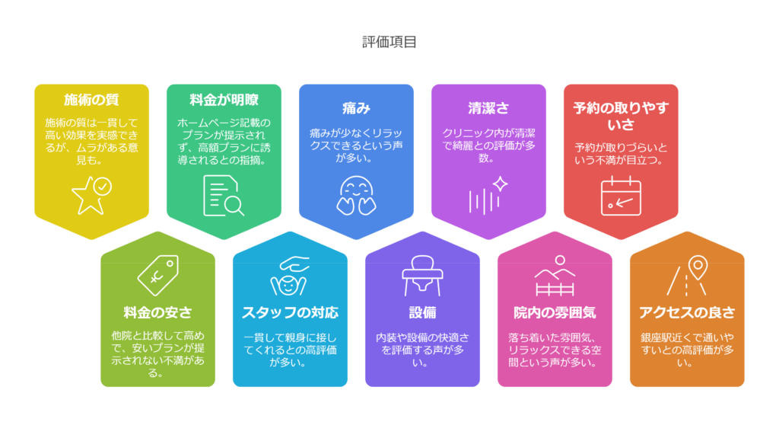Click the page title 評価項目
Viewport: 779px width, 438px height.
pos(389,42)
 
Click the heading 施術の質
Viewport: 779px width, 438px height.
pos(91,100)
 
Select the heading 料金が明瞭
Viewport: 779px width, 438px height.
pos(224,100)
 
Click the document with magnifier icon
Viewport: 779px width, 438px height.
pos(224,195)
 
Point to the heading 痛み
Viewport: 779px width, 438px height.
pos(356,108)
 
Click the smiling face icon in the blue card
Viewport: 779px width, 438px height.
pos(356,193)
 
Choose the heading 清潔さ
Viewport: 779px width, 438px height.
pos(488,108)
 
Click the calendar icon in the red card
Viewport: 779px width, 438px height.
pos(621,196)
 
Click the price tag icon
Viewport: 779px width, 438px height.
pos(157,275)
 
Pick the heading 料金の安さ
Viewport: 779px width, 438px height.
pos(157,312)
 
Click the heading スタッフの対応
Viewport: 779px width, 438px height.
pos(290,312)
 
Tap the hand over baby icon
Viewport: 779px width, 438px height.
pos(290,275)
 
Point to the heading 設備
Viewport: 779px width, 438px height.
pos(422,312)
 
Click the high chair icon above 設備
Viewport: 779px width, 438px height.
pos(422,275)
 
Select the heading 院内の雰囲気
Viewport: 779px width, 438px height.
pos(555,312)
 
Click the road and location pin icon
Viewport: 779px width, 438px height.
pos(687,275)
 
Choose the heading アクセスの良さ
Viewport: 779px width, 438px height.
pos(687,312)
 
